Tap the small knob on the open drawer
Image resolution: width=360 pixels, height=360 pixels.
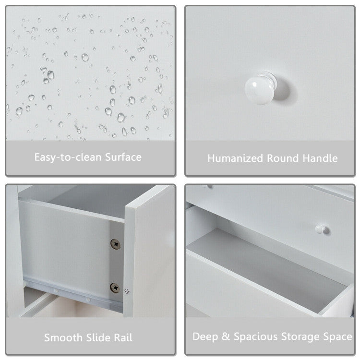click(x=320, y=228)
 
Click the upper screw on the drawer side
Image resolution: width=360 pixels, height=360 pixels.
click(x=115, y=244)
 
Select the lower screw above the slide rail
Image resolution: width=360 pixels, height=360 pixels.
click(x=115, y=288)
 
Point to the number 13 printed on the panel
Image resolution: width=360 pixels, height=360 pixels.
click(x=127, y=291)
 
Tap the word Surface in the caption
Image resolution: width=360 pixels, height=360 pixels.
click(x=123, y=157)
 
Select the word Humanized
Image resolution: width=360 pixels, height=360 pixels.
click(x=235, y=158)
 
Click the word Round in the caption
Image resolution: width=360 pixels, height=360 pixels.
click(x=283, y=158)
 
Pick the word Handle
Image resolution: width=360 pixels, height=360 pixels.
click(x=320, y=158)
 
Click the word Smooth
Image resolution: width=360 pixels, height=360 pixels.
click(x=63, y=338)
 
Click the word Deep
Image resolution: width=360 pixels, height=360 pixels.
click(x=205, y=337)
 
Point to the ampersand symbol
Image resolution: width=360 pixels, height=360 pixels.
click(x=226, y=336)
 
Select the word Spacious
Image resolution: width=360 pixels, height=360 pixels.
click(x=255, y=337)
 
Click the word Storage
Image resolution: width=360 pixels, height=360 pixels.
click(x=300, y=337)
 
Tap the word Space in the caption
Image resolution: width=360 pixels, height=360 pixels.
click(x=337, y=337)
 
